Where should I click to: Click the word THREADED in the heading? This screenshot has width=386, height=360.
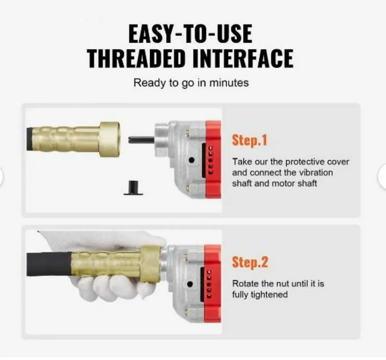tap(137, 58)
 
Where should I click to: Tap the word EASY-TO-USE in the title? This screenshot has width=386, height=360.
tap(190, 33)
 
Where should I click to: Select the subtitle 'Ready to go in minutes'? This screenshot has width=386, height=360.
tap(191, 83)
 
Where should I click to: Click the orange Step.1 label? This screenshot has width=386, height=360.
tap(250, 140)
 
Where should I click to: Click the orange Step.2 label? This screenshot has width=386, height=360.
tap(250, 262)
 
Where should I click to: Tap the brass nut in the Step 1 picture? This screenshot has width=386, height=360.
tap(110, 139)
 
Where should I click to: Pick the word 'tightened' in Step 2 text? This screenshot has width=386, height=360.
tap(270, 295)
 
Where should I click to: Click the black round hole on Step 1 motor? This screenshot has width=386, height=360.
tap(192, 160)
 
